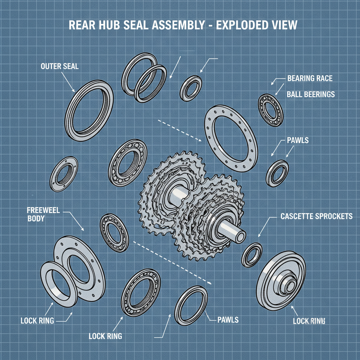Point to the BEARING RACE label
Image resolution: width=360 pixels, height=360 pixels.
(x=309, y=78)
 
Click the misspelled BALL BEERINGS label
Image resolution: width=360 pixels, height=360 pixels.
(x=310, y=94)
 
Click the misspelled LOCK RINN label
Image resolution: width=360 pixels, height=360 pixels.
(x=309, y=321)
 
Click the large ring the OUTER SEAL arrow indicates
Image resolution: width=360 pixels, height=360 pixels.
(x=89, y=110)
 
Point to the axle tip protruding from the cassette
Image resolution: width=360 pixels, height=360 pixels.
(x=239, y=233)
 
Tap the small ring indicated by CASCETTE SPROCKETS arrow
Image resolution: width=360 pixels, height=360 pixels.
(x=252, y=255)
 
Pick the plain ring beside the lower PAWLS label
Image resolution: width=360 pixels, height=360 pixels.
(x=191, y=305)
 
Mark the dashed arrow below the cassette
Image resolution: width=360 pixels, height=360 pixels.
(x=174, y=262)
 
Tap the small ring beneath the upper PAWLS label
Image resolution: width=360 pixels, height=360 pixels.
(x=277, y=173)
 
